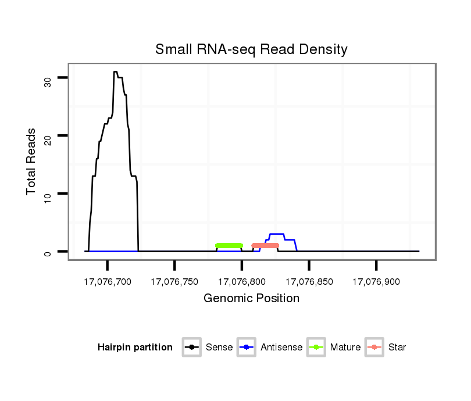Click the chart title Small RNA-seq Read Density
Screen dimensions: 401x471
[251, 49]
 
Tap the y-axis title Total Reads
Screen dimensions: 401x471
[32, 162]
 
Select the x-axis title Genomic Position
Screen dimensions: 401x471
[251, 299]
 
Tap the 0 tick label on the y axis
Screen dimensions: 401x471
[48, 252]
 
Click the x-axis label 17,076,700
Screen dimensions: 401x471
[108, 282]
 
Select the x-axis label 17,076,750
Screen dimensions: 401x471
[174, 282]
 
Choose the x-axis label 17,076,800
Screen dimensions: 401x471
[242, 282]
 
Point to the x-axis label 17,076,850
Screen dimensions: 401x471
[309, 282]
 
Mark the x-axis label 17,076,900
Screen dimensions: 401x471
[376, 282]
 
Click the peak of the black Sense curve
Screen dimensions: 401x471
[115, 72]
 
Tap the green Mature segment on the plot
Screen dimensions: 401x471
[229, 245]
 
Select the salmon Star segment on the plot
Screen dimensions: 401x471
[265, 245]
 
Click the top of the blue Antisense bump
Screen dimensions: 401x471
[277, 234]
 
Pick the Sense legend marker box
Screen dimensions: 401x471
[192, 348]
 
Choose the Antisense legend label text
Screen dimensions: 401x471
[281, 348]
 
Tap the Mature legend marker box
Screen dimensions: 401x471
[316, 348]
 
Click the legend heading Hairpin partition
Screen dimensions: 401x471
[135, 348]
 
